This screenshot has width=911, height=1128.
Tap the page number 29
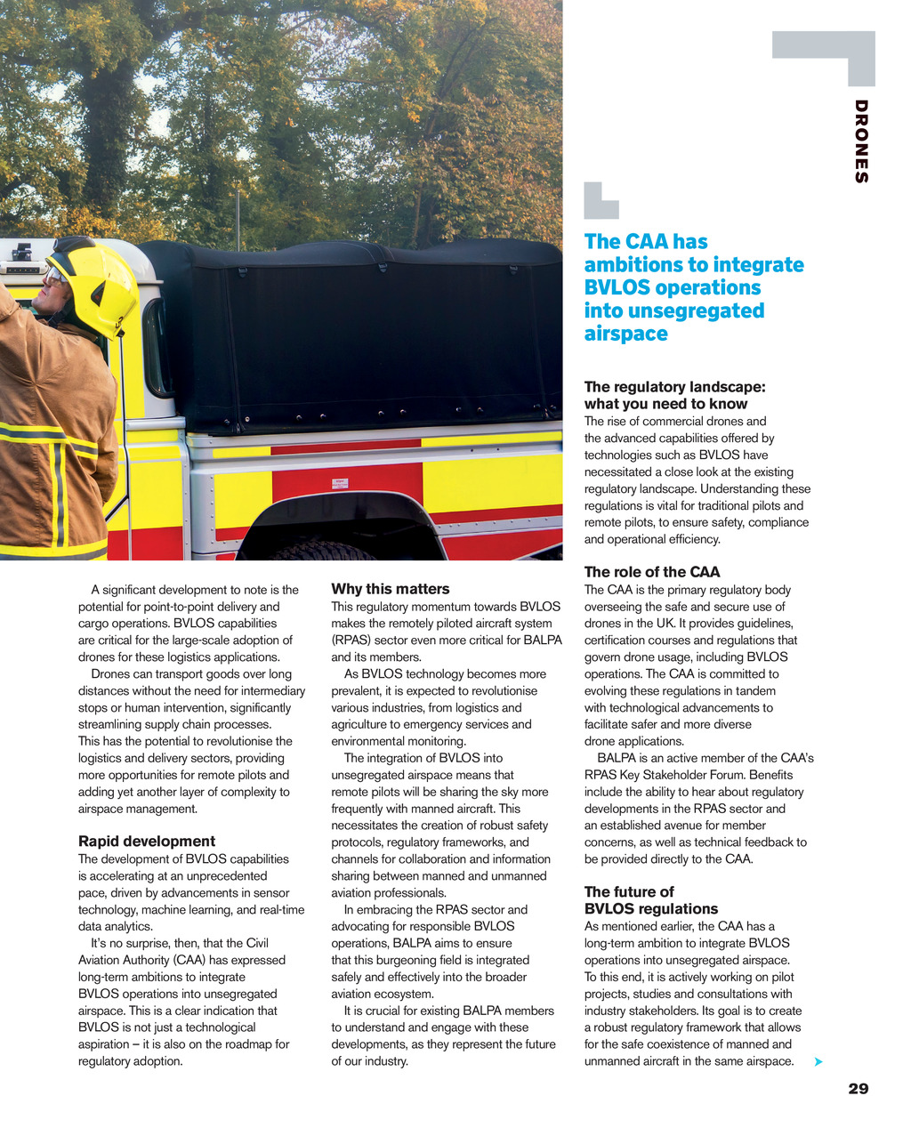tap(858, 1088)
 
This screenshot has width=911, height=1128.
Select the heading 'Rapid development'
tap(147, 842)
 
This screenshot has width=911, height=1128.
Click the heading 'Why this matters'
tap(391, 589)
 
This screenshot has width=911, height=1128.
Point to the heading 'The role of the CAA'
tap(652, 572)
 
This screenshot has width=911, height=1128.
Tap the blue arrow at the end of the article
tap(818, 1061)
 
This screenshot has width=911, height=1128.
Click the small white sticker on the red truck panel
tap(339, 484)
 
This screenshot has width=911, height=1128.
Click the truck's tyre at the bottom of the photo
tap(320, 552)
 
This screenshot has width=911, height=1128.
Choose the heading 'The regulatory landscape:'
tap(674, 387)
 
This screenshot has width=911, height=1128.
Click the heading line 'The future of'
tap(629, 891)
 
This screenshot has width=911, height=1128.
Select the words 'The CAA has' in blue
tap(646, 242)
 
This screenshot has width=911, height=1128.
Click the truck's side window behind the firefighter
tap(157, 348)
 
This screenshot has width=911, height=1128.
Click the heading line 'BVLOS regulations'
tap(651, 908)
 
